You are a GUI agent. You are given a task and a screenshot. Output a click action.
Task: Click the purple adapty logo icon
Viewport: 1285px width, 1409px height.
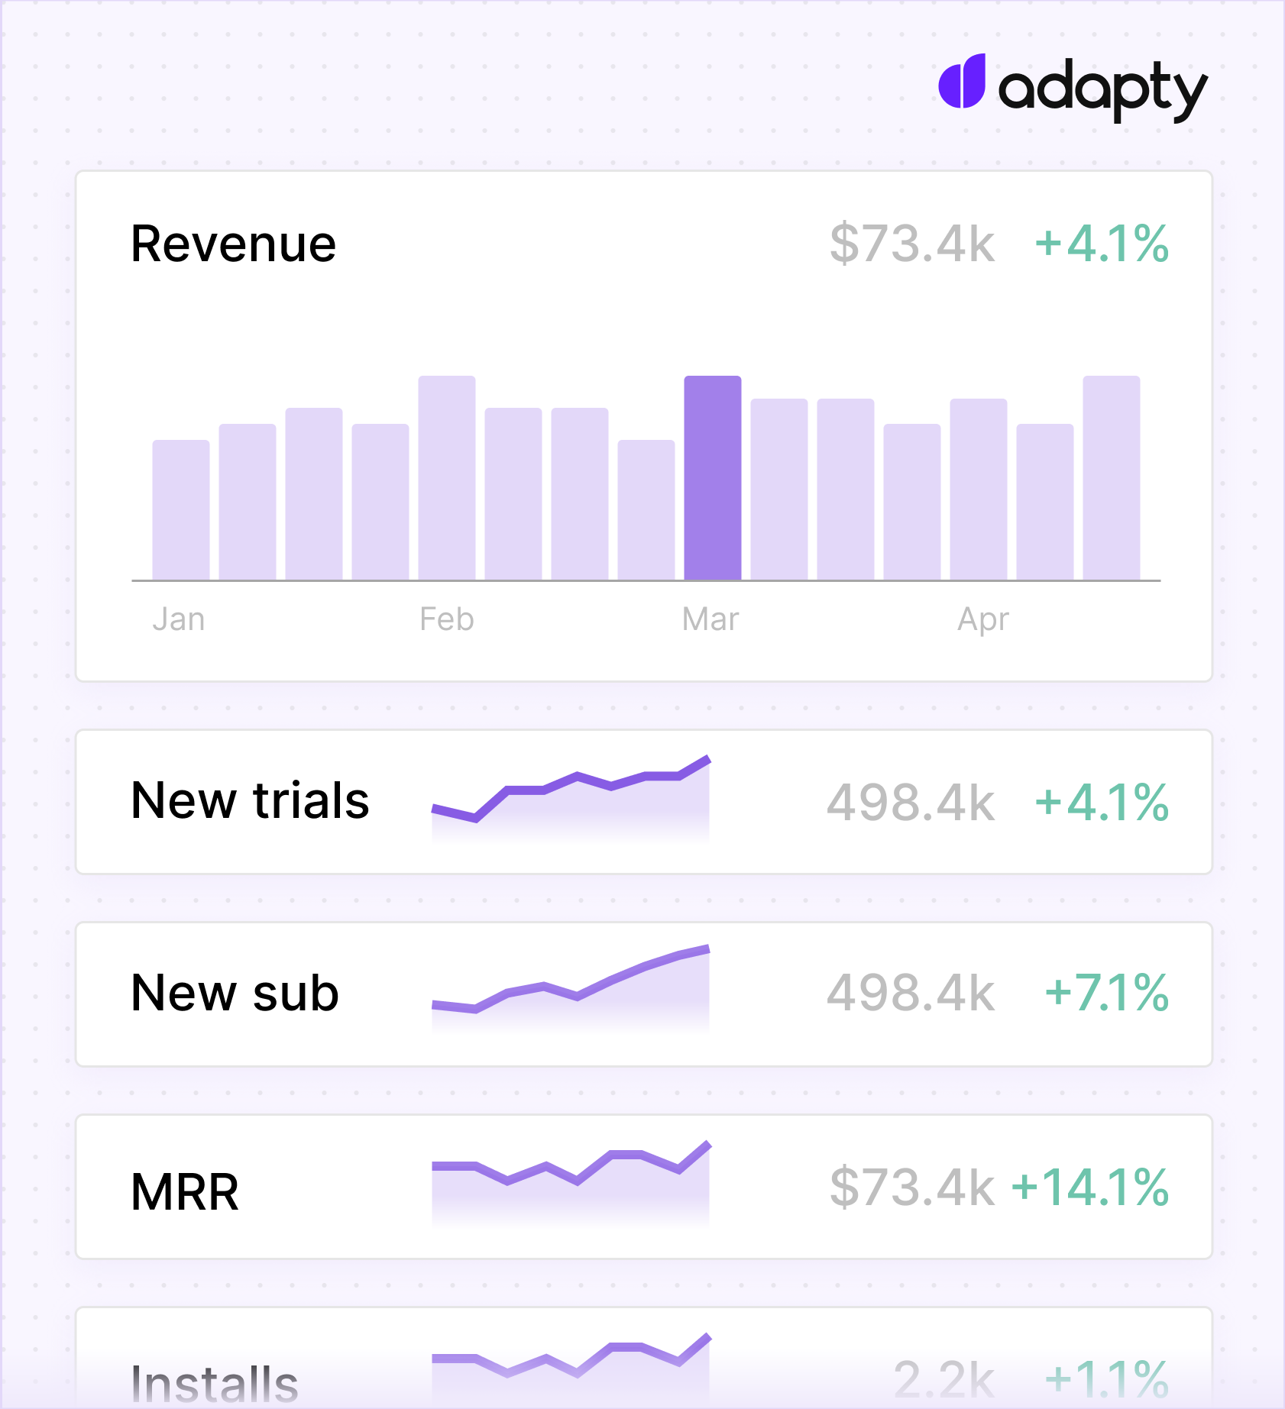[x=962, y=82]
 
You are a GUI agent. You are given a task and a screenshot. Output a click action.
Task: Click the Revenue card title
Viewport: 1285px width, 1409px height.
[x=233, y=244]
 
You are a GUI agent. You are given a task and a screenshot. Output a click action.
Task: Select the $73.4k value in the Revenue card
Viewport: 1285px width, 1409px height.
[x=912, y=244]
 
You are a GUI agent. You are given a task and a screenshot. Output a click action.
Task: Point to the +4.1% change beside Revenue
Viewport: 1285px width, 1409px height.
[x=1102, y=244]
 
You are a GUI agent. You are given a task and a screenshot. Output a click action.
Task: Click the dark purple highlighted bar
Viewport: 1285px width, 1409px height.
[x=712, y=477]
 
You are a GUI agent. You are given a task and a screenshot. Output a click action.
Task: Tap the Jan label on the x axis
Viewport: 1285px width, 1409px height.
[x=179, y=619]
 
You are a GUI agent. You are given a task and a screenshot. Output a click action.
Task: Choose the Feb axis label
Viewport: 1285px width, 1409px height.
[x=447, y=619]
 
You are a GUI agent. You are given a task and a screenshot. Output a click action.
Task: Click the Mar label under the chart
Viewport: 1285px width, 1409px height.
[x=710, y=619]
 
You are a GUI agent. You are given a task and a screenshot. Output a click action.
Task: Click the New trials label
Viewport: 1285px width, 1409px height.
[x=250, y=801]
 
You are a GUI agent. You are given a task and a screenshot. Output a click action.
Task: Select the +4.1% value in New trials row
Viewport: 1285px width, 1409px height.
[x=1102, y=803]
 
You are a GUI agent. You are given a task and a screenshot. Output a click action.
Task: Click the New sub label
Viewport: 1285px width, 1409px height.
[x=235, y=994]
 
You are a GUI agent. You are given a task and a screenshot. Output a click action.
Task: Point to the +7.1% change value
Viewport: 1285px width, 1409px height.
[x=1106, y=994]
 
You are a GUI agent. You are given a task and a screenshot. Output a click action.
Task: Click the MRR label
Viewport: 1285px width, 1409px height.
[x=185, y=1192]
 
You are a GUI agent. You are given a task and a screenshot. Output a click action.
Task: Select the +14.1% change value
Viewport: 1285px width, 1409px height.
[x=1089, y=1188]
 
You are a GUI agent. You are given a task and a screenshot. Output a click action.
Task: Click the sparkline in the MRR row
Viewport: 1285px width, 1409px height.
[x=571, y=1180]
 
